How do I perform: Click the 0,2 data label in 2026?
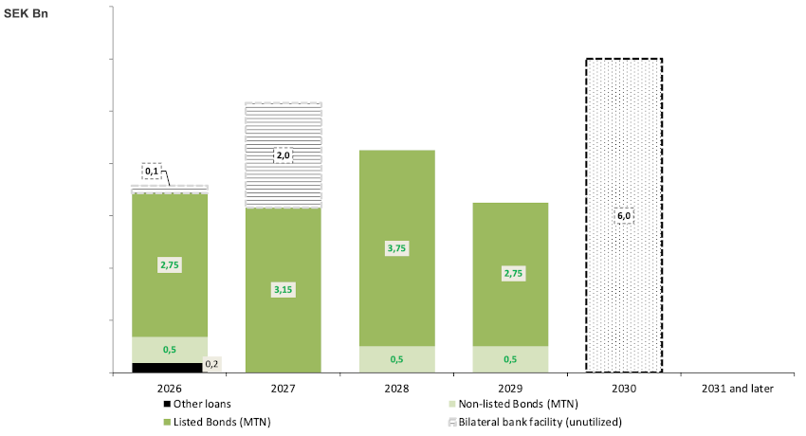211,363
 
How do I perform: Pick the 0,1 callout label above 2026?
152,171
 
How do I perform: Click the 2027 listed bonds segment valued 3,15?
283,313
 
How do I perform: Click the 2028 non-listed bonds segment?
396,359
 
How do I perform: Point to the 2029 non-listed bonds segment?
510,359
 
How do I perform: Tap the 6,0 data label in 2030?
623,216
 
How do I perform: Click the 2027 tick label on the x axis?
283,389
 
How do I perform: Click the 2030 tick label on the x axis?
623,389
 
